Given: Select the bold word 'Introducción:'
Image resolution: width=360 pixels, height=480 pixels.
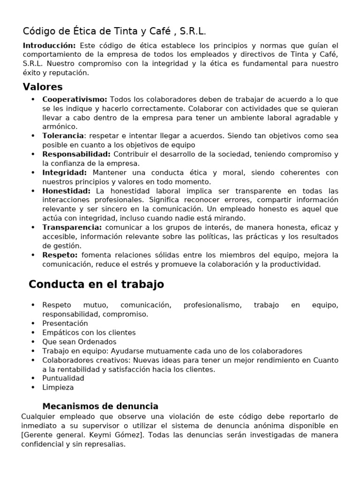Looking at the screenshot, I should tap(49, 45).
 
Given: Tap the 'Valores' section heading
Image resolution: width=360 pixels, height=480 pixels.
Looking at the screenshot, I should tap(43, 87).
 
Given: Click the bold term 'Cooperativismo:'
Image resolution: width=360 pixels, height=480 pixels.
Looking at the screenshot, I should tap(75, 99).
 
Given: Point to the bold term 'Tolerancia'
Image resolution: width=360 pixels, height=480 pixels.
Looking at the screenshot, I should tap(60, 136).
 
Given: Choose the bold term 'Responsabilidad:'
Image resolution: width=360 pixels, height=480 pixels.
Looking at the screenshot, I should tap(76, 154).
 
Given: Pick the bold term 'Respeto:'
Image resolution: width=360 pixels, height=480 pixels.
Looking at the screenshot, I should tap(60, 255).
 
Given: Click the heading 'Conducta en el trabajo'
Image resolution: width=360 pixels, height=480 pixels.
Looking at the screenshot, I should tap(96, 285).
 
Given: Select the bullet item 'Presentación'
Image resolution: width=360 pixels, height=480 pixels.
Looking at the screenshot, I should tap(65, 323).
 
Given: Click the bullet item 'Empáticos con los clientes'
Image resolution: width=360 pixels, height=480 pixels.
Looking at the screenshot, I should tap(89, 332).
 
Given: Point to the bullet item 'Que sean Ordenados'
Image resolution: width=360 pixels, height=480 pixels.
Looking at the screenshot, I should tap(79, 342).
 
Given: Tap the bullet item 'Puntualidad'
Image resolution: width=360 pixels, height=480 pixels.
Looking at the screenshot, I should tap(63, 378).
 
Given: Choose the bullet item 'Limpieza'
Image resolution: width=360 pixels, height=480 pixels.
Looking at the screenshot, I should tap(58, 388).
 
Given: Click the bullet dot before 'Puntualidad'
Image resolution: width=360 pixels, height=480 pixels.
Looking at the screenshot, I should tap(33, 378).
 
